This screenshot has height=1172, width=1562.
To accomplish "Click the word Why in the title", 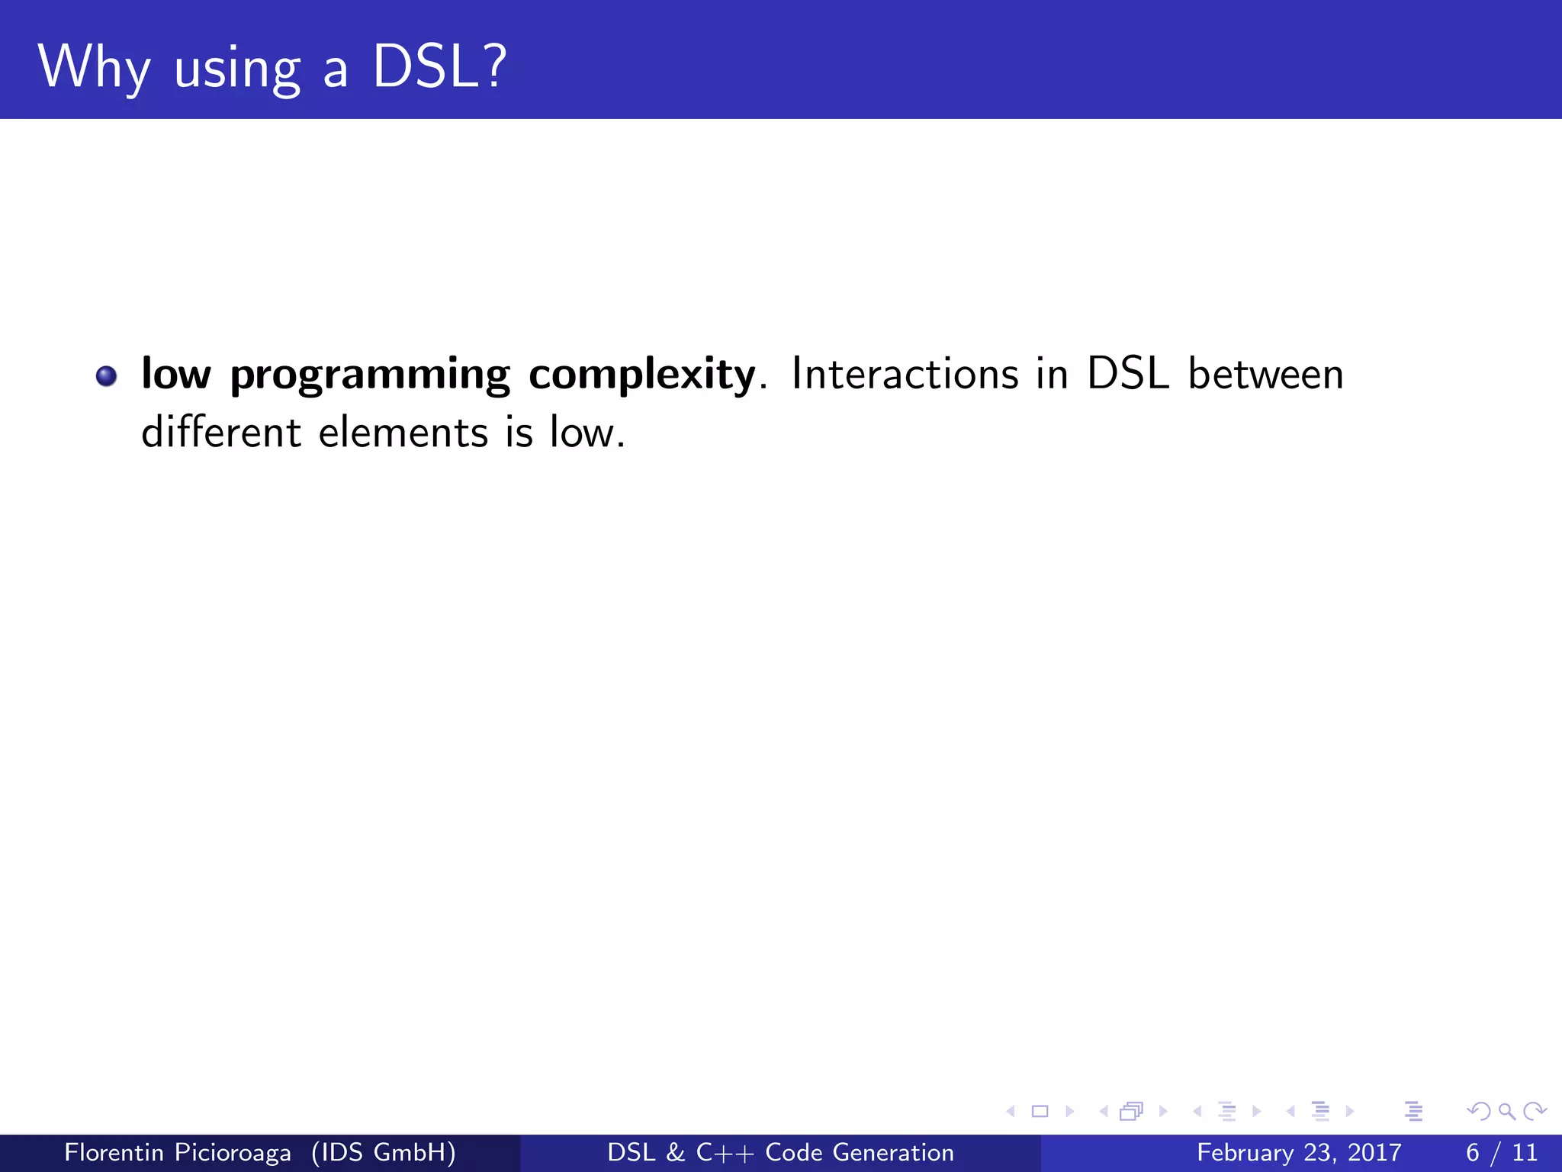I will (x=93, y=67).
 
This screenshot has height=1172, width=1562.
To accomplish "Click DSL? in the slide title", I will (x=439, y=67).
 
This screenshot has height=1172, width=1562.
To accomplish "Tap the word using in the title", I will (x=237, y=70).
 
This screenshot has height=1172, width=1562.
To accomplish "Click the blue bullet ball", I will (x=106, y=375).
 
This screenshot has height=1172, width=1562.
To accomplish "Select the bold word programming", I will (x=369, y=375).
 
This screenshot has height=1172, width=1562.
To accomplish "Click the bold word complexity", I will (x=641, y=375).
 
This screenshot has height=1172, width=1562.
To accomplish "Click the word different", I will (x=221, y=433).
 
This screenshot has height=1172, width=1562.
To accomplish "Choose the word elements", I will (x=403, y=433).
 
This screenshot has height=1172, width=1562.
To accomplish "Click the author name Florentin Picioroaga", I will (x=177, y=1152).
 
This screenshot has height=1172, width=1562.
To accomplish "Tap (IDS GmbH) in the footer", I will (x=383, y=1152).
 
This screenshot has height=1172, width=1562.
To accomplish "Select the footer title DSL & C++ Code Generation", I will (x=780, y=1152).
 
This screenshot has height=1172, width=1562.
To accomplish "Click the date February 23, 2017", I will (x=1299, y=1152).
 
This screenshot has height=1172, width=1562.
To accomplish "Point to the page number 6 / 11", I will (x=1501, y=1152).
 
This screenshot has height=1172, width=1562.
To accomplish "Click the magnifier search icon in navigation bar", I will (x=1506, y=1111).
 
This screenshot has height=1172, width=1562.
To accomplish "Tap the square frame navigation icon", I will (x=1040, y=1111).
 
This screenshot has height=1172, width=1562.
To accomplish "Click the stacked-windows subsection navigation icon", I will (x=1131, y=1111).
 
